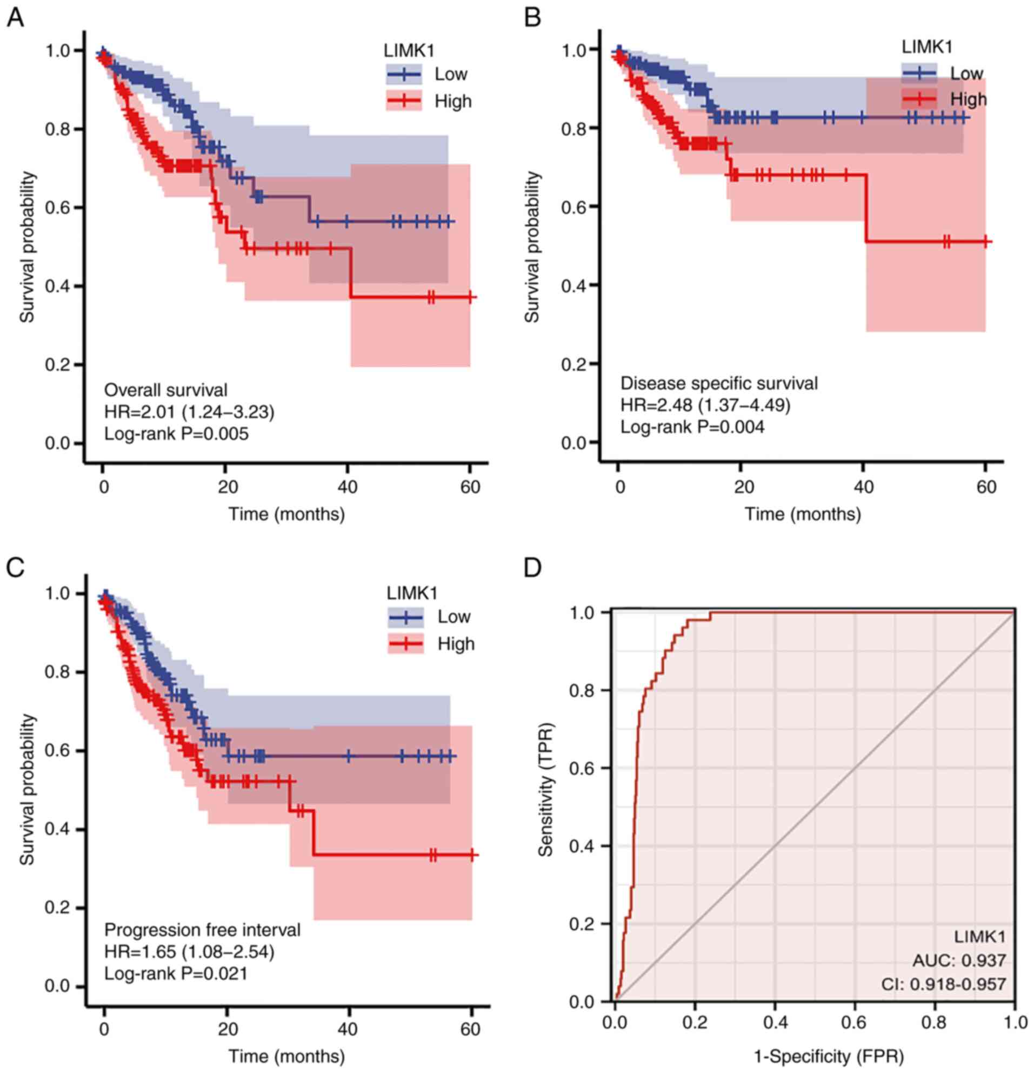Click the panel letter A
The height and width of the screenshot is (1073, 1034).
pyautogui.click(x=15, y=18)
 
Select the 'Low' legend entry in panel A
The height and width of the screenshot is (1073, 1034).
pyautogui.click(x=450, y=74)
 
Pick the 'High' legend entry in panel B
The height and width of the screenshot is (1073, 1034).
pyautogui.click(x=968, y=99)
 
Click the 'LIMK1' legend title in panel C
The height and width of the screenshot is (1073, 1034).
pyautogui.click(x=412, y=593)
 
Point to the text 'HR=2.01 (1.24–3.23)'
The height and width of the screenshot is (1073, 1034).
pyautogui.click(x=189, y=412)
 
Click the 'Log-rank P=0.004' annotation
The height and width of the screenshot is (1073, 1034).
pyautogui.click(x=692, y=426)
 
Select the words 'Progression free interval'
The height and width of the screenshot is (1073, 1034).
pyautogui.click(x=203, y=930)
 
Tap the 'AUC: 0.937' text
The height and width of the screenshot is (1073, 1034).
pyautogui.click(x=959, y=960)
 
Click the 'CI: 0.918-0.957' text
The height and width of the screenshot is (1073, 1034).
pyautogui.click(x=943, y=984)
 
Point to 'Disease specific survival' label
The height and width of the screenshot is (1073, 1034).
pyautogui.click(x=719, y=383)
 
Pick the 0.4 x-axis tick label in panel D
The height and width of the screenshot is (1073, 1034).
pyautogui.click(x=775, y=1022)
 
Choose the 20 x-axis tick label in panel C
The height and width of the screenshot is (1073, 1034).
pyautogui.click(x=227, y=1029)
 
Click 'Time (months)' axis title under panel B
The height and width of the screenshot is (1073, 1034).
pyautogui.click(x=803, y=514)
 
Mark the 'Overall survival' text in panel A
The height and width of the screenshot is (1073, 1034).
pyautogui.click(x=166, y=390)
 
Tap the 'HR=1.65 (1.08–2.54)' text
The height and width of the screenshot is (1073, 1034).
pyautogui.click(x=189, y=951)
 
